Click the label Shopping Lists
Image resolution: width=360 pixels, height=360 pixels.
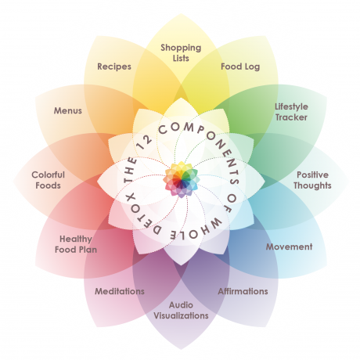pos(181,52)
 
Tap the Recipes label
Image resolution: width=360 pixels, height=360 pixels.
pos(114,67)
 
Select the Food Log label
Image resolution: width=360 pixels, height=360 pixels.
pos(240,67)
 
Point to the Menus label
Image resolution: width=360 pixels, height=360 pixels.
pos(68,110)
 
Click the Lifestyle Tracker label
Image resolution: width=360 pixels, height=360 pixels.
pos(291,112)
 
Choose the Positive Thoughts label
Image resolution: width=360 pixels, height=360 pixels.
pos(312,180)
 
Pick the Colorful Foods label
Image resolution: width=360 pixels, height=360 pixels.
pos(48,180)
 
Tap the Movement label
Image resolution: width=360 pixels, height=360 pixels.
pos(289,247)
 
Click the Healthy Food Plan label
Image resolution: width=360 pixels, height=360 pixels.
pos(76,244)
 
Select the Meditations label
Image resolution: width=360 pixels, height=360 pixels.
pos(120,291)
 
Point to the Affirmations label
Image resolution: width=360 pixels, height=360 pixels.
pos(243,291)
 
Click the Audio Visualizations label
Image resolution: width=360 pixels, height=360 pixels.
pos(181,310)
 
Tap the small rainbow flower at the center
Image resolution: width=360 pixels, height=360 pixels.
pos(182,179)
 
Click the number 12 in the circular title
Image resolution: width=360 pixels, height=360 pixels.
pos(145,142)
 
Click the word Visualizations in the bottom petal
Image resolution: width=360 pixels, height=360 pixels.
pos(181,315)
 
